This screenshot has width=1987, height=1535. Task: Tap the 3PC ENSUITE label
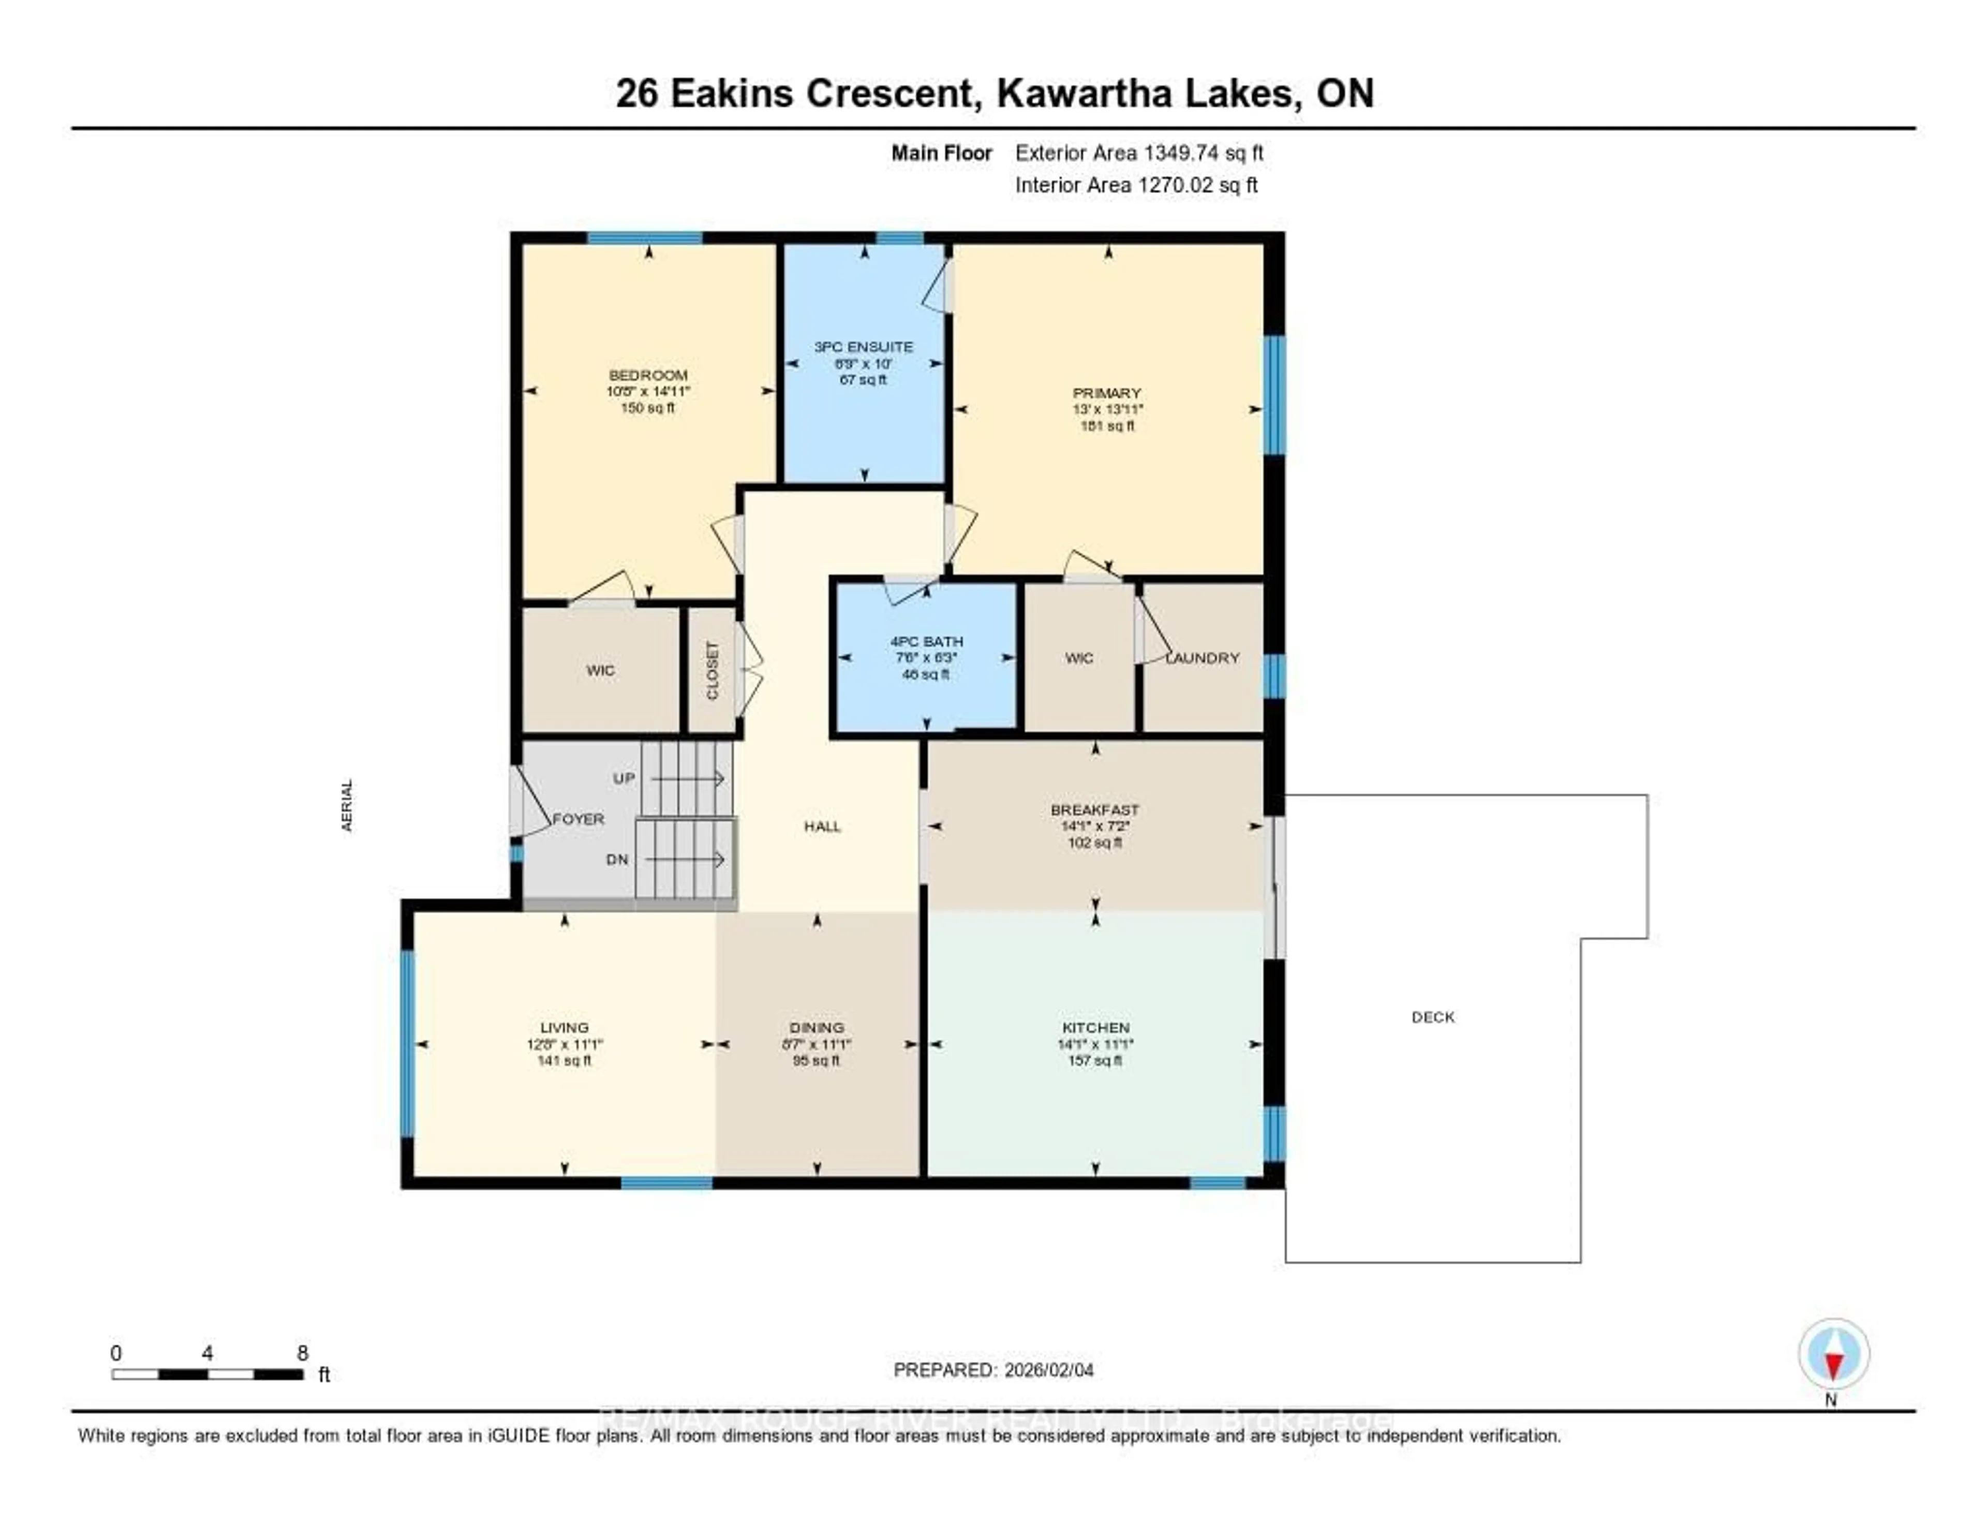pos(863,347)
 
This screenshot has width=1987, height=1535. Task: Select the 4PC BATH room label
pos(926,641)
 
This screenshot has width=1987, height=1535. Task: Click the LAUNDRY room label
pos(1203,658)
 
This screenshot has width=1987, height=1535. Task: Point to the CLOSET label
pos(713,671)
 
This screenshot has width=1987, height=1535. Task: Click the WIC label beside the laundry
pos(1079,658)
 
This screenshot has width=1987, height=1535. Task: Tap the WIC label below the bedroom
pos(600,671)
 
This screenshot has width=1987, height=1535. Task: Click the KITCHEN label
pos(1095,1027)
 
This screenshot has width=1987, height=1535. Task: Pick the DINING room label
pos(816,1027)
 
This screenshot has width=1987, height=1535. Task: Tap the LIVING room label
pos(564,1027)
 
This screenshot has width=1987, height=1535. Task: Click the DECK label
pos(1433,1017)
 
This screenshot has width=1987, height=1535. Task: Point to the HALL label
pos(822,826)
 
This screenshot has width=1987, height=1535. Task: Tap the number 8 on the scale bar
pos(302,1353)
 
